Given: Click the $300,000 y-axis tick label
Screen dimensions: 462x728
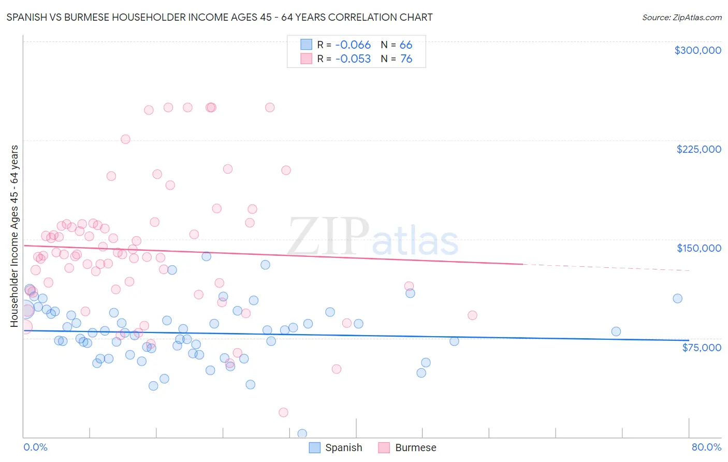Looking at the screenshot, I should (x=697, y=50).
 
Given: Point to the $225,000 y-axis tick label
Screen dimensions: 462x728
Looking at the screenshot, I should (x=698, y=149).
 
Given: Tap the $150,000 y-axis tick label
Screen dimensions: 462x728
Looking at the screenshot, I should (x=698, y=248).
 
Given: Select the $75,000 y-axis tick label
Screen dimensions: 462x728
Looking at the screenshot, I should (x=701, y=348).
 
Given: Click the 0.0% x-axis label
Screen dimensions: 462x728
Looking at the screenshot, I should (x=35, y=447).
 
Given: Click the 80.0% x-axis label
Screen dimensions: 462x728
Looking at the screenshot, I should (x=706, y=447).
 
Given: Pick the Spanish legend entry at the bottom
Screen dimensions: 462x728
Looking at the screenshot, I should (x=336, y=447).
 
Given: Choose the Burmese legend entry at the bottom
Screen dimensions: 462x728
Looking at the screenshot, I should (x=407, y=447).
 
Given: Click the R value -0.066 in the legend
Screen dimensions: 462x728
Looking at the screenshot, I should (x=353, y=45).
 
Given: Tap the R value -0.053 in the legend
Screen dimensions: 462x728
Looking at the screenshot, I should (x=353, y=59).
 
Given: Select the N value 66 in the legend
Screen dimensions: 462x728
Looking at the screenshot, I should (x=406, y=45).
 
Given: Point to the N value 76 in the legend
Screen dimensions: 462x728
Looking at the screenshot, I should (x=406, y=59).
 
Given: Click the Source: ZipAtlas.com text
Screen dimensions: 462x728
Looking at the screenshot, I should (x=681, y=18).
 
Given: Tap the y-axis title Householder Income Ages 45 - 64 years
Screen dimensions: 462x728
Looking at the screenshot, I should (x=14, y=236).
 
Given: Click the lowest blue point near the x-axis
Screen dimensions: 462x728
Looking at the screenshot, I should (x=302, y=434).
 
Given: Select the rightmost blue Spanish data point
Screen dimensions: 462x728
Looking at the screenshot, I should (x=677, y=298).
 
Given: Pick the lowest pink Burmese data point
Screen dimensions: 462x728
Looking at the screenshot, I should (x=283, y=412).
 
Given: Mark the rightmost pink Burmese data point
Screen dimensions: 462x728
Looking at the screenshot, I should (x=472, y=315).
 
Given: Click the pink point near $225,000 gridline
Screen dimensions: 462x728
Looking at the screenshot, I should (x=125, y=139).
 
